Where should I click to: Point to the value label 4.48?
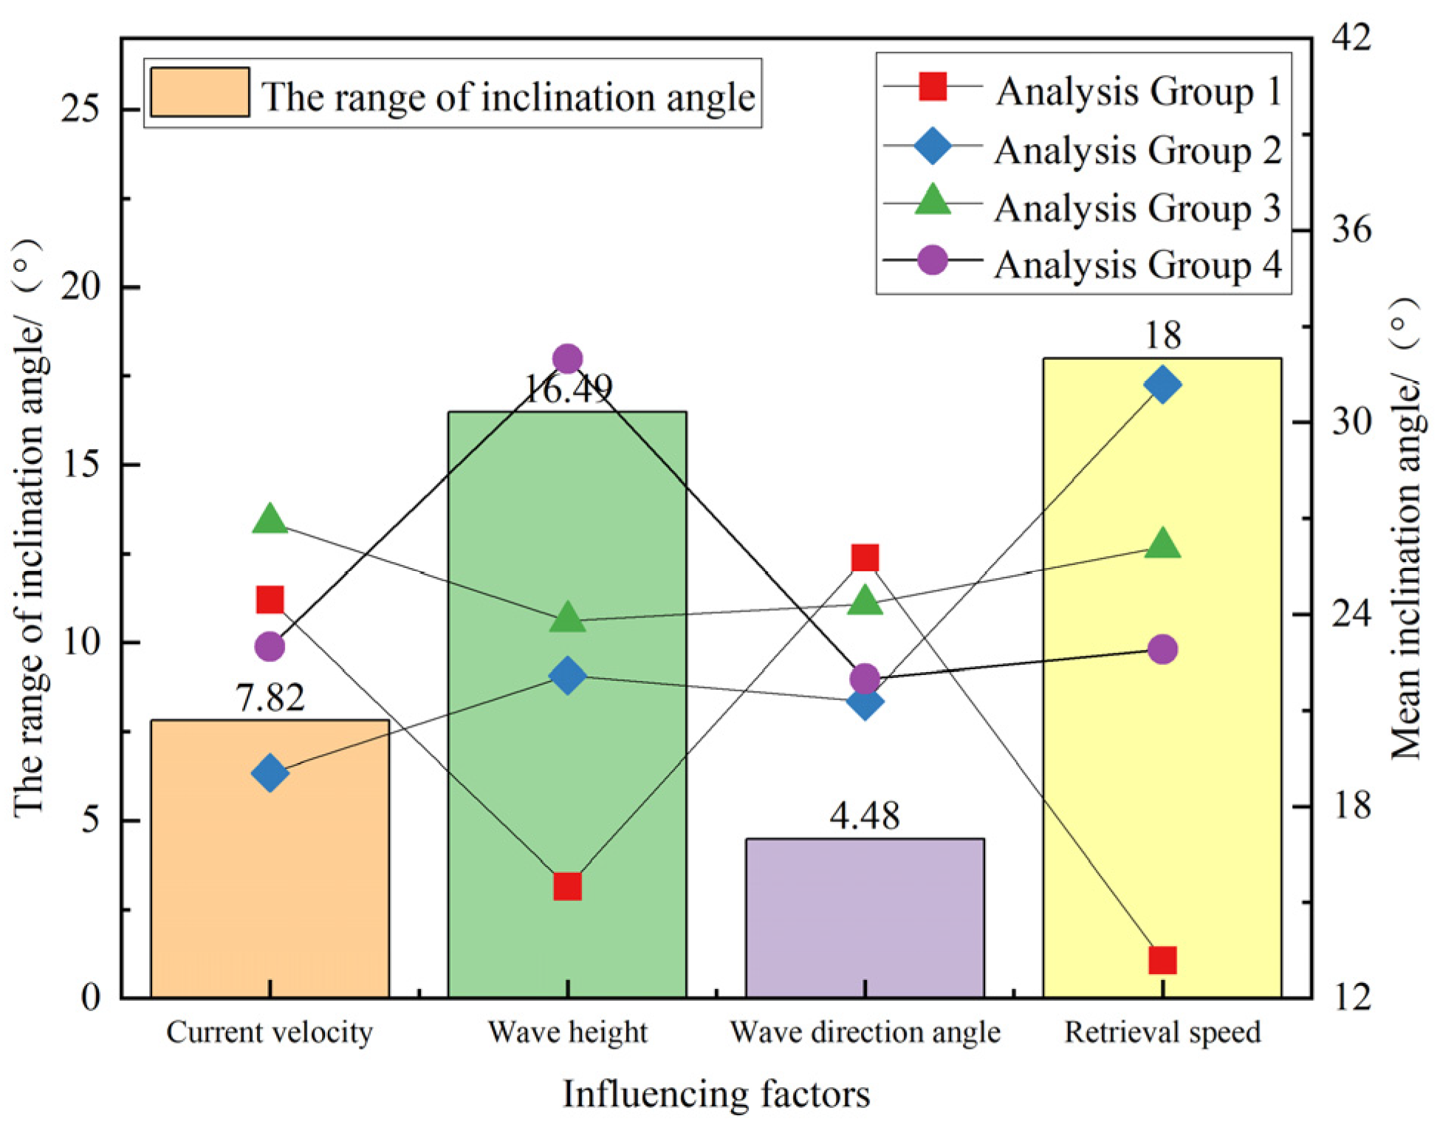click(x=864, y=816)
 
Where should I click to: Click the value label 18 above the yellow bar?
click(x=1162, y=336)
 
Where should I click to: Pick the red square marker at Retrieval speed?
click(x=1162, y=961)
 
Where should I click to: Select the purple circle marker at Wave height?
click(x=567, y=359)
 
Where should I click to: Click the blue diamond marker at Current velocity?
click(x=270, y=773)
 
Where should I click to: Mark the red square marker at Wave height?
click(x=567, y=886)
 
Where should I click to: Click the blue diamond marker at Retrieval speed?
click(x=1162, y=384)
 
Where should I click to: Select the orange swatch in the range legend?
click(x=199, y=93)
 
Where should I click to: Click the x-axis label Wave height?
click(x=567, y=1033)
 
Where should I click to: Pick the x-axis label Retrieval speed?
click(x=1162, y=1033)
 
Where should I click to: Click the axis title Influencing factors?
click(x=716, y=1095)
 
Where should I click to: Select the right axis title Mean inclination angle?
click(x=1405, y=528)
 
